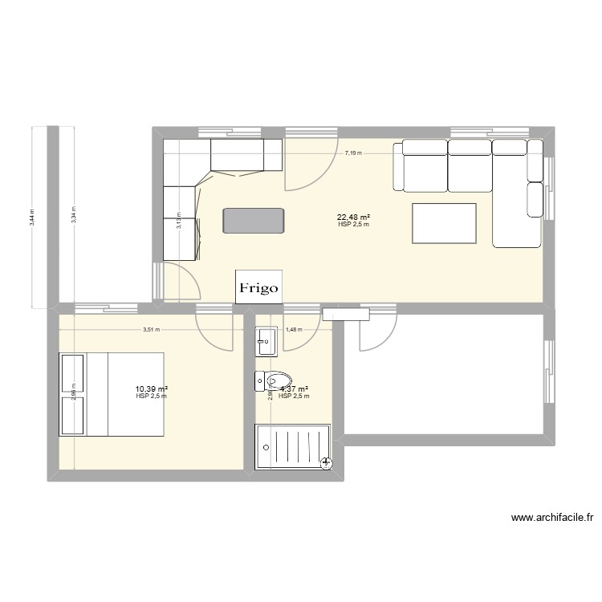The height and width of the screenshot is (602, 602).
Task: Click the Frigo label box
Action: (258, 287)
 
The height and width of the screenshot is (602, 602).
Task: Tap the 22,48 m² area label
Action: (353, 217)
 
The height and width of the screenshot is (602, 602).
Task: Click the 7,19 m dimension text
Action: (353, 152)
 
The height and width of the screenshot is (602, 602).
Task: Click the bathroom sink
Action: (266, 341)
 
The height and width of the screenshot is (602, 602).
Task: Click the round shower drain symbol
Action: (326, 462)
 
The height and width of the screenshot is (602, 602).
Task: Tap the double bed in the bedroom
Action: (111, 393)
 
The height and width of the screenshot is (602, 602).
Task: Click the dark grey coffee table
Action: (254, 221)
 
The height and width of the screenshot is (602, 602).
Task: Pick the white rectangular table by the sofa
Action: (444, 222)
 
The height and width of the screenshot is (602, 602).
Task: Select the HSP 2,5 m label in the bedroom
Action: (152, 397)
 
